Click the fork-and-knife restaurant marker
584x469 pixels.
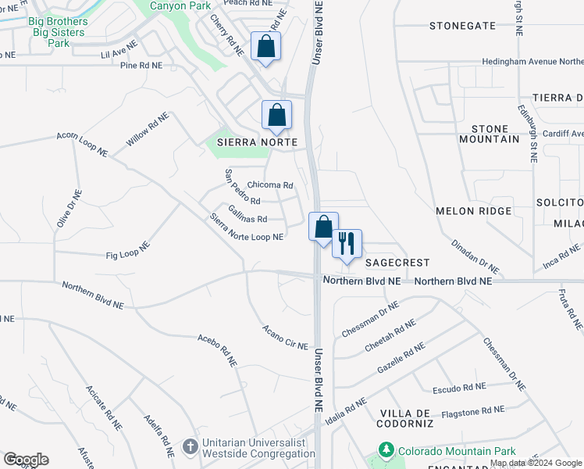pyautogui.click(x=346, y=243)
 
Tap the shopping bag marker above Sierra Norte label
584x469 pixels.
pyautogui.click(x=276, y=115)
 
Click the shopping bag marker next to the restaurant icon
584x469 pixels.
pyautogui.click(x=323, y=227)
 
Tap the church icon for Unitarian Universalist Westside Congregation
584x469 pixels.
pyautogui.click(x=190, y=447)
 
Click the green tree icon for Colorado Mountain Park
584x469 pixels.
pyautogui.click(x=386, y=451)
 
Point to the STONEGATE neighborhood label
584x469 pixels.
pyautogui.click(x=462, y=26)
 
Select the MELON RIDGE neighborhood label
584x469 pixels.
pyautogui.click(x=473, y=211)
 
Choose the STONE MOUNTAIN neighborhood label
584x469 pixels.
pyautogui.click(x=495, y=134)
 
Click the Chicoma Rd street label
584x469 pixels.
pyautogui.click(x=269, y=186)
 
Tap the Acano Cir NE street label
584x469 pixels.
pyautogui.click(x=286, y=337)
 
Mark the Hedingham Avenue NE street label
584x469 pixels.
pyautogui.click(x=532, y=61)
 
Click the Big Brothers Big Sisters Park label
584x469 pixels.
pyautogui.click(x=59, y=32)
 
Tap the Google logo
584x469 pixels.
pyautogui.click(x=26, y=460)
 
